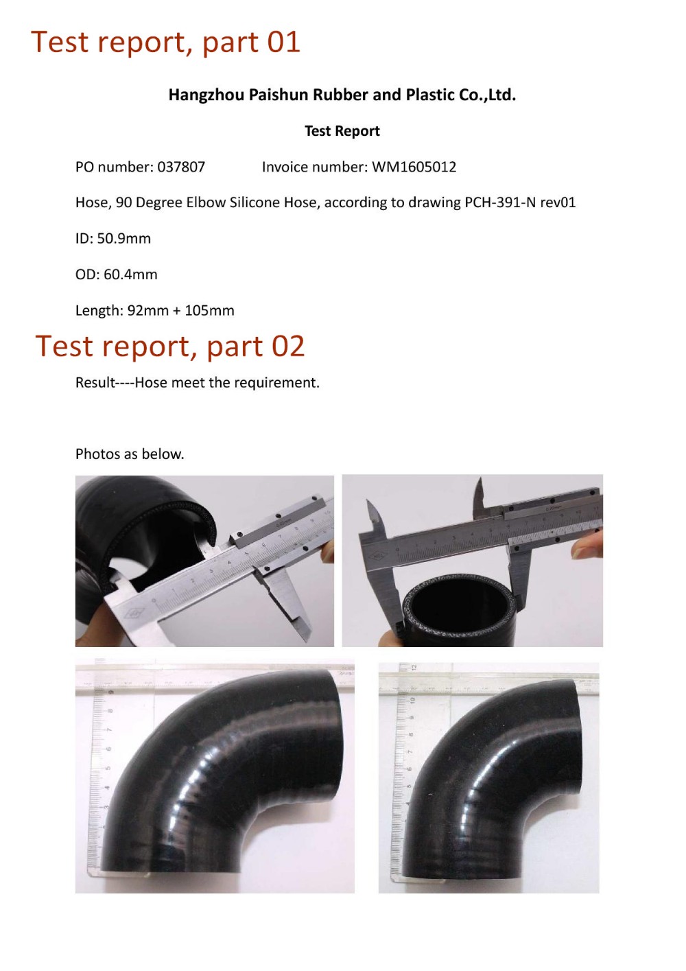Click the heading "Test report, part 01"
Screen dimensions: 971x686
165,43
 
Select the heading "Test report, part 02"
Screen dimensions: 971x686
169,347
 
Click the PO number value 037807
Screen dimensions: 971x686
181,167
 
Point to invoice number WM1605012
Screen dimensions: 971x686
414,167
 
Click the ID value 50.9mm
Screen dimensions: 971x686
123,239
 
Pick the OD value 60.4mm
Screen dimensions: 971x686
130,274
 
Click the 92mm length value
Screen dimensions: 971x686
147,310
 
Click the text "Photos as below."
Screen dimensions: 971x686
130,454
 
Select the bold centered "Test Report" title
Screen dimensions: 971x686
342,131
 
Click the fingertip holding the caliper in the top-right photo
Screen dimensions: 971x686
589,546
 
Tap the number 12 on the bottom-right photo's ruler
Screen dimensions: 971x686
414,668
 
